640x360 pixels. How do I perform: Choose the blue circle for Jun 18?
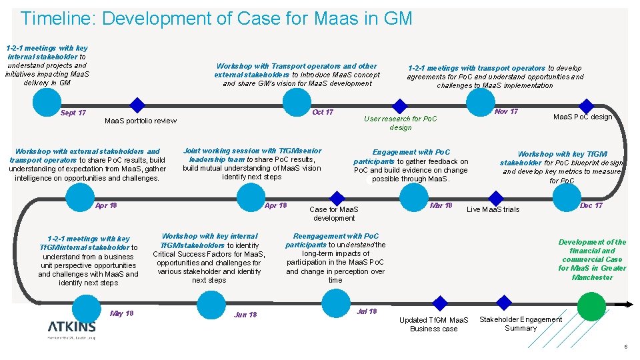[211, 306]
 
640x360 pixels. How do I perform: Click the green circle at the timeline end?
[591, 306]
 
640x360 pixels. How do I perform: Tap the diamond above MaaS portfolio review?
[137, 105]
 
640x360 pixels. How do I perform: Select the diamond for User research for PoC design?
[399, 106]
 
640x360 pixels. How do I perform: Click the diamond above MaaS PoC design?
[586, 105]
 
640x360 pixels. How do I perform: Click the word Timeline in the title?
[59, 18]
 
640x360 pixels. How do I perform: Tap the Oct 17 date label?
[323, 112]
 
